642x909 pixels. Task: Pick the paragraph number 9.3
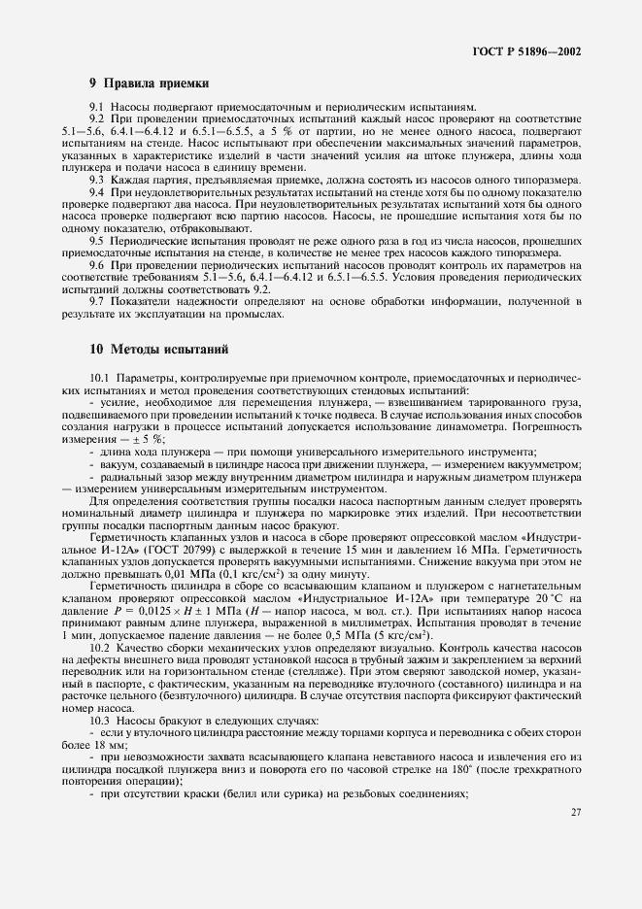tap(97, 181)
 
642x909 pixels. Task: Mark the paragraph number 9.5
tap(97, 239)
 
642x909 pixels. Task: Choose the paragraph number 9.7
tap(97, 302)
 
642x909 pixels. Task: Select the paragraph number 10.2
tap(100, 647)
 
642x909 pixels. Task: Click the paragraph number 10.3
tap(100, 722)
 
